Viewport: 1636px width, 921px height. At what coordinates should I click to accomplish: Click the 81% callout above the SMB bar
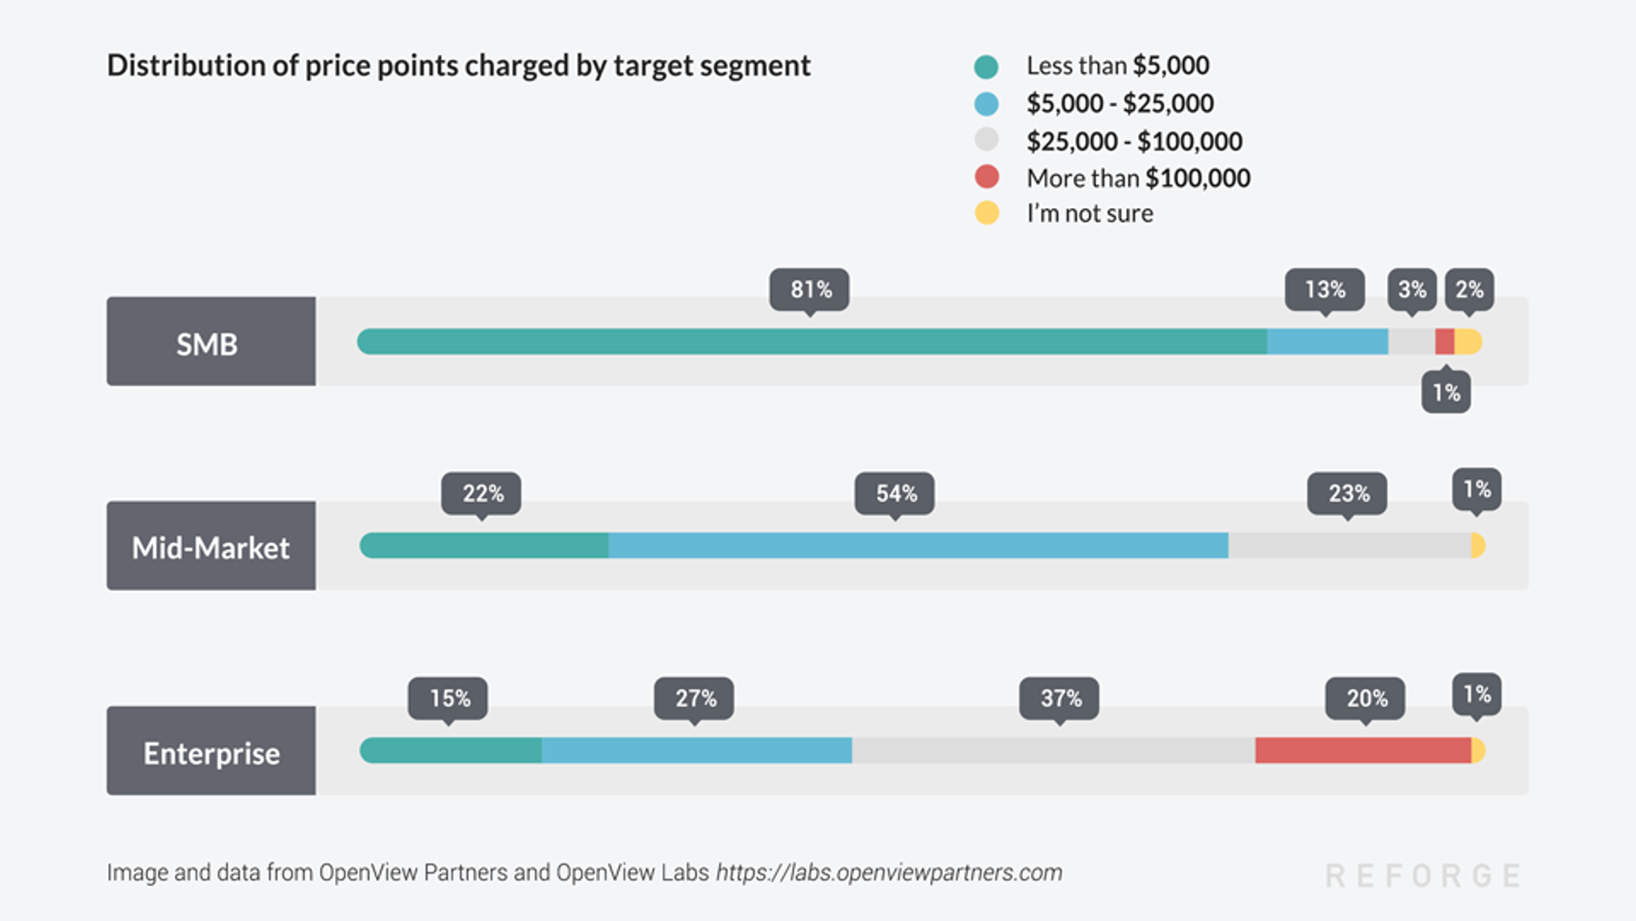[810, 289]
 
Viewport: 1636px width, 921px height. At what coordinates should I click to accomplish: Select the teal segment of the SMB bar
[812, 342]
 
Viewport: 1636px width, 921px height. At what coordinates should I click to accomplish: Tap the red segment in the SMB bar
[1444, 342]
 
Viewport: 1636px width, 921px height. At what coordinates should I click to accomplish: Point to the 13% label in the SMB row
[1324, 289]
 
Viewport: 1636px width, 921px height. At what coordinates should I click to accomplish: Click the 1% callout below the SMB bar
[1446, 393]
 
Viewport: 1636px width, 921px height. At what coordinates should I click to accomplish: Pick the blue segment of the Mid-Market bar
[918, 546]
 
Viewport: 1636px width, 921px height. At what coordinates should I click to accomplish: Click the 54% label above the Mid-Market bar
[895, 494]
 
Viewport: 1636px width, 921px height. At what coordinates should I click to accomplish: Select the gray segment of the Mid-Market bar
[1349, 546]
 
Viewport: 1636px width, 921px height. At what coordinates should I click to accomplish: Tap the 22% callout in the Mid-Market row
[482, 494]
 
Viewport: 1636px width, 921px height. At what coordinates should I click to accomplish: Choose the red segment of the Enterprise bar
[1362, 750]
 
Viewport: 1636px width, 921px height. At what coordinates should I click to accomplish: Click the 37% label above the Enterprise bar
[1060, 698]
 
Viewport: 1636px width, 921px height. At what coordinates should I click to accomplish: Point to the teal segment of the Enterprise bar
[452, 750]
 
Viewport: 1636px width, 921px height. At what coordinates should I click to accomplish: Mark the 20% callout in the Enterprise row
[1366, 698]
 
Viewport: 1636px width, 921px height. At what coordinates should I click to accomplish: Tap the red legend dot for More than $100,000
[986, 177]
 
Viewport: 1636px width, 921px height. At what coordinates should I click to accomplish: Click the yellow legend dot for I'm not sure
[986, 213]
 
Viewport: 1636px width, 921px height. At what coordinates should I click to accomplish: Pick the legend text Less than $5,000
[1117, 65]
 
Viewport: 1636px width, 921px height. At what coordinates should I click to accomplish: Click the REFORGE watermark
[1423, 876]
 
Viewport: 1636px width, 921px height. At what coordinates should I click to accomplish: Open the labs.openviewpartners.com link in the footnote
[889, 873]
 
